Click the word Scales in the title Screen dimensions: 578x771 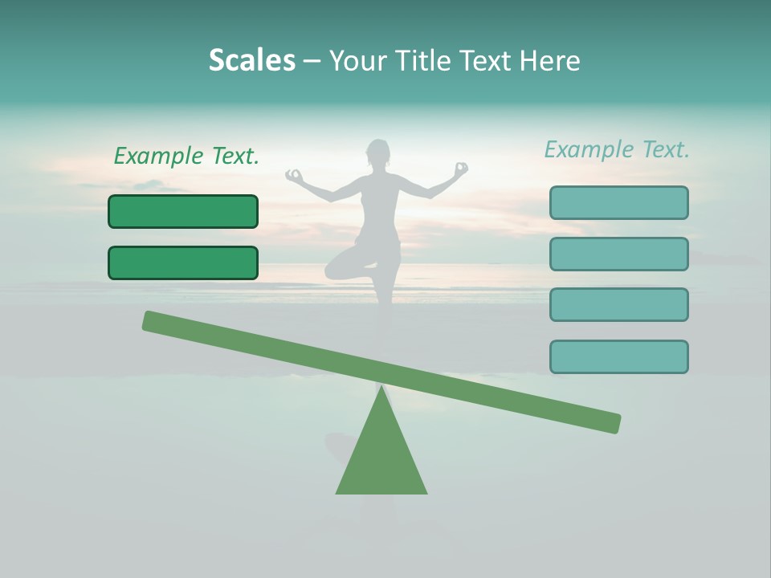pos(251,60)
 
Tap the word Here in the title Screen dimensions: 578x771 pos(550,60)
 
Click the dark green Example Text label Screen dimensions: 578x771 pos(186,156)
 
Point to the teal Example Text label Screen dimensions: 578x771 pos(617,149)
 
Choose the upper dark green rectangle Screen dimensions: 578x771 pos(183,211)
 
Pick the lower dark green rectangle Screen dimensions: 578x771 pos(183,263)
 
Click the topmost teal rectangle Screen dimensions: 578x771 pos(618,202)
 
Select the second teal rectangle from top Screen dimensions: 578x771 pos(618,254)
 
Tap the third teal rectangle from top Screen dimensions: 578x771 pos(618,304)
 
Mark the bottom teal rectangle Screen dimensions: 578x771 pos(618,356)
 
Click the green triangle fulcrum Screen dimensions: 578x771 pos(381,458)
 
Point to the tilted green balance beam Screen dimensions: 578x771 pos(381,372)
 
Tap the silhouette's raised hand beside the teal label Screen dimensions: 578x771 pos(460,169)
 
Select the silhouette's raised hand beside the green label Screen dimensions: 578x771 pos(294,174)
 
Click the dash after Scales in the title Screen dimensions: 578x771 pos(312,61)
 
